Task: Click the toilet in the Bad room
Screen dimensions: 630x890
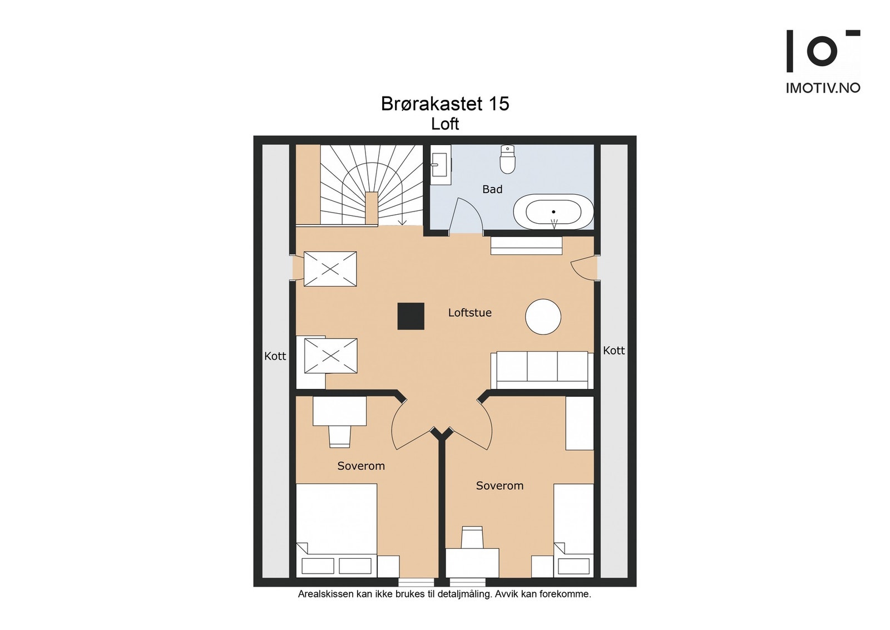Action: (x=507, y=160)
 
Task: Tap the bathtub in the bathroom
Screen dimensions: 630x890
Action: (x=553, y=212)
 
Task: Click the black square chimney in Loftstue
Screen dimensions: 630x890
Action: (x=411, y=316)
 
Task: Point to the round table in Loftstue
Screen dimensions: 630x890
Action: (x=543, y=317)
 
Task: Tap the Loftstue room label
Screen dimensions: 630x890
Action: (x=469, y=313)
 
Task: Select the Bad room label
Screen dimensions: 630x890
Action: (x=492, y=189)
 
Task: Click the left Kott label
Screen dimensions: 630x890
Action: (x=275, y=356)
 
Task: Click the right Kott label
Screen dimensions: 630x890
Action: (x=614, y=351)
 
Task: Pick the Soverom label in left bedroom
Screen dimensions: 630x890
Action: (x=360, y=466)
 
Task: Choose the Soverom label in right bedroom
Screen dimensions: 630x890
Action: (x=500, y=486)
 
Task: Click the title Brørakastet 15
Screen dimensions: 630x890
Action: (x=444, y=104)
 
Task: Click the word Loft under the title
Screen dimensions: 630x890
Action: (x=444, y=124)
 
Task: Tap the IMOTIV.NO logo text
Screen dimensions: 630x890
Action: (x=823, y=88)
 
